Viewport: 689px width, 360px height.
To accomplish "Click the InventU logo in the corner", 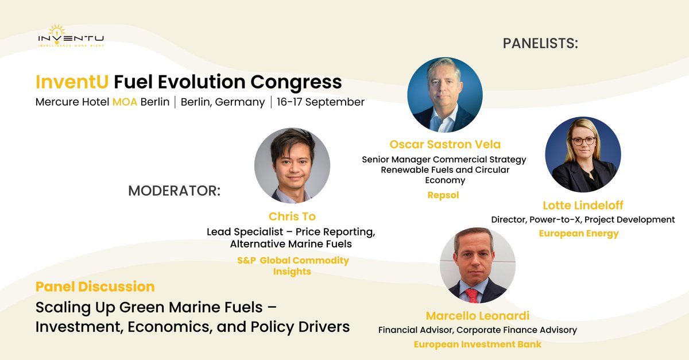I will point(71,36).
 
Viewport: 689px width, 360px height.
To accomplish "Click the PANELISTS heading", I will point(540,43).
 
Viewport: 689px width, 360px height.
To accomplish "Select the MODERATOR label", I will point(174,191).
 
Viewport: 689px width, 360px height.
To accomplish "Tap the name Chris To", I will point(292,216).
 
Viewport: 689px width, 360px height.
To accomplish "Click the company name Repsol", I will point(444,195).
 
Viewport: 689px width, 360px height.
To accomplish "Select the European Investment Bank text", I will point(477,344).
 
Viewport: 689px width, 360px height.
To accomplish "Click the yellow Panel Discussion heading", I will point(95,287).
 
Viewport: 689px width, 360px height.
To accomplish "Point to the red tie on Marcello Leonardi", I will point(472,295).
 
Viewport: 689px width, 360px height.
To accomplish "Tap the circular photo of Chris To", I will point(292,165).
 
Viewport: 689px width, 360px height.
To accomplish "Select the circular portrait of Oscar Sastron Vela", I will point(444,95).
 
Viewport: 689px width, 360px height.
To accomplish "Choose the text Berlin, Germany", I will point(223,102).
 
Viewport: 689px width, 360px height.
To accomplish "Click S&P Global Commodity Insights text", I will point(292,266).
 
